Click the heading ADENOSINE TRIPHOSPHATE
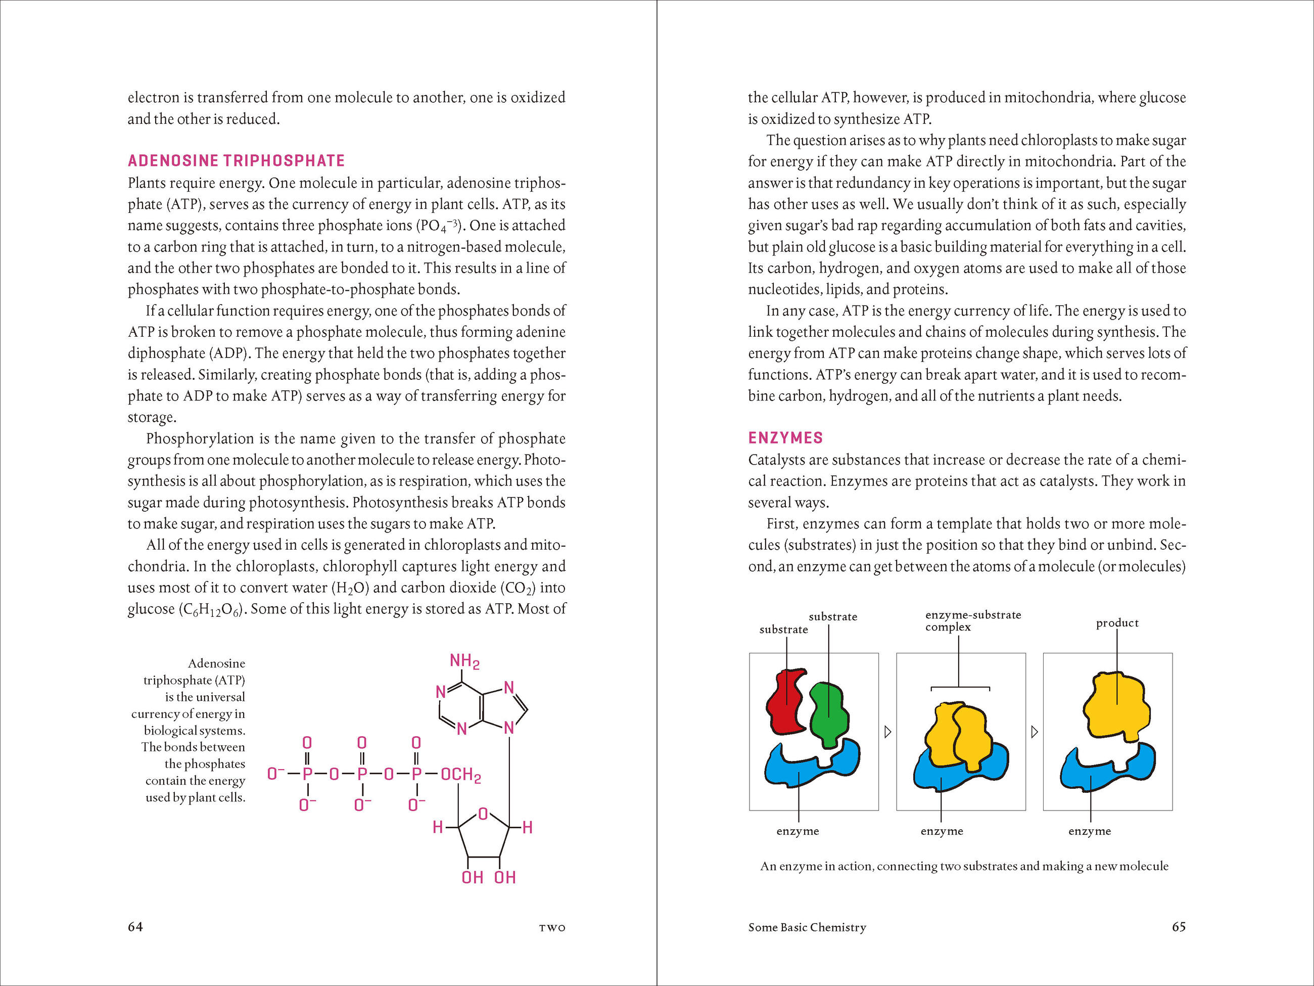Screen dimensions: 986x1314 point(236,160)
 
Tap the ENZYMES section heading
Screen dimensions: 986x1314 point(785,438)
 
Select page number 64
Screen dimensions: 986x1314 point(135,926)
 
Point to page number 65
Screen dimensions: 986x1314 point(1179,926)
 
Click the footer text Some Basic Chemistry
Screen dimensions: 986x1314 point(807,927)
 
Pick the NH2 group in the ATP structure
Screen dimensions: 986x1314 point(464,661)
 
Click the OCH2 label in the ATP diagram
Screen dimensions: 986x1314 point(460,775)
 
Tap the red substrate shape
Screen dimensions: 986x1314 point(785,701)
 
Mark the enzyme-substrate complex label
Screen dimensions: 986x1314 point(972,620)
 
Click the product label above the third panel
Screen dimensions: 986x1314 point(1117,623)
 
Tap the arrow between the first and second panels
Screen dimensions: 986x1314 point(887,732)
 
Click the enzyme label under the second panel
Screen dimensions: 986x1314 point(942,831)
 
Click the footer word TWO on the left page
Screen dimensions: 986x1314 point(552,928)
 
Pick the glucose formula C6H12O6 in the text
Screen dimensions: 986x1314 point(211,610)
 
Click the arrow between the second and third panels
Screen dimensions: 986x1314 point(1034,732)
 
